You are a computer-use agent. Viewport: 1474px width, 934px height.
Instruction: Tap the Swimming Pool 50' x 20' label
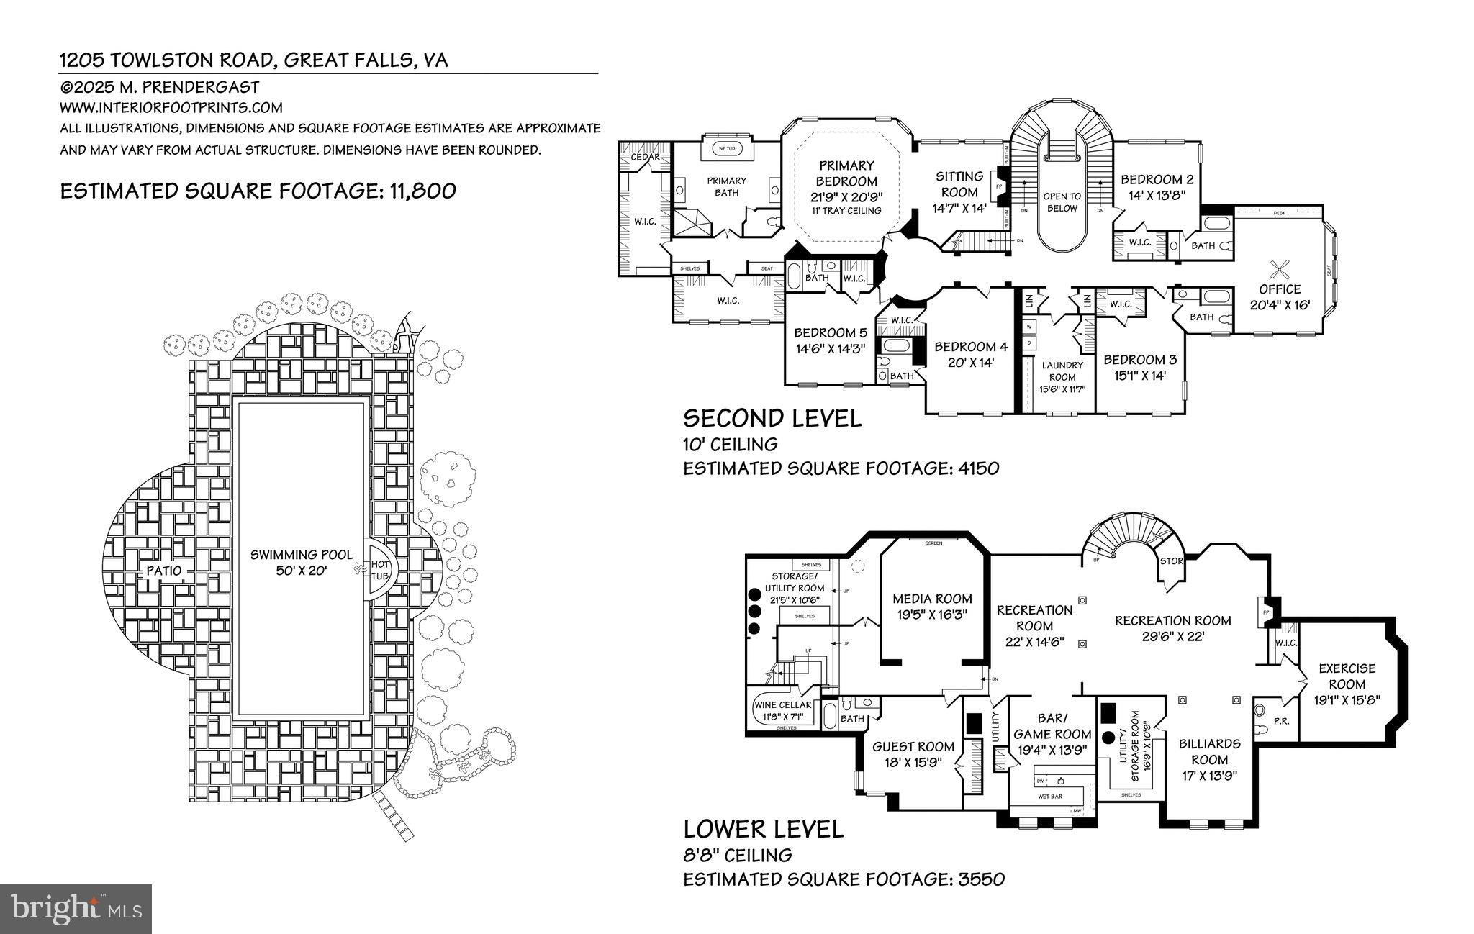pyautogui.click(x=302, y=562)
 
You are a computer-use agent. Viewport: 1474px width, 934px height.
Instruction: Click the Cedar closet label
pyautogui.click(x=646, y=157)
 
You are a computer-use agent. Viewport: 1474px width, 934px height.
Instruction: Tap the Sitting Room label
pyautogui.click(x=959, y=184)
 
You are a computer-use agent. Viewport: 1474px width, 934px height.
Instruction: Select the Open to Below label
pyautogui.click(x=1062, y=202)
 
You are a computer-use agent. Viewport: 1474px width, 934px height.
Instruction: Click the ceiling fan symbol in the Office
pyautogui.click(x=1280, y=269)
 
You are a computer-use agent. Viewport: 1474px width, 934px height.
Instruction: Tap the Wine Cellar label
pyautogui.click(x=783, y=710)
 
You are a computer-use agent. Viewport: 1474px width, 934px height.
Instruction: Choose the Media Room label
pyautogui.click(x=932, y=606)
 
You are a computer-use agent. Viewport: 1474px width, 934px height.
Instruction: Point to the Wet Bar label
pyautogui.click(x=1050, y=797)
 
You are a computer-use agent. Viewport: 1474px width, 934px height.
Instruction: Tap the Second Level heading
pyautogui.click(x=772, y=418)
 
